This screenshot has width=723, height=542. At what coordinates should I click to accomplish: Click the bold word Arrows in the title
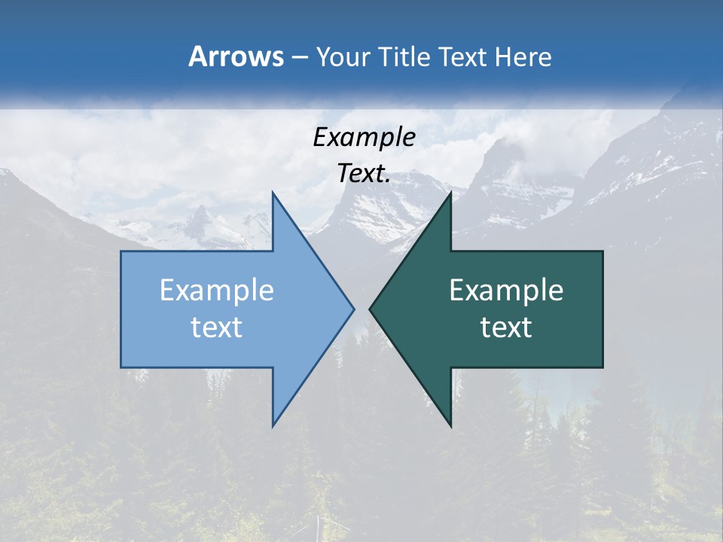[x=236, y=56]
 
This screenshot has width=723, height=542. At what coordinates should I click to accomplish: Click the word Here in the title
[x=523, y=57]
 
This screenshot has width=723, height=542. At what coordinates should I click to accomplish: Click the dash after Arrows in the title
[x=299, y=58]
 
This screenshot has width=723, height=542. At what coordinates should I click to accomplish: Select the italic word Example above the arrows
[x=364, y=138]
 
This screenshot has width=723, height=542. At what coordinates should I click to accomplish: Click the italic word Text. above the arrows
[x=364, y=174]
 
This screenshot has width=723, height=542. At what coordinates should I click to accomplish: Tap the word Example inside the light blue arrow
[x=217, y=291]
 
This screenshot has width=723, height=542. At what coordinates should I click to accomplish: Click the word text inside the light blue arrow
[x=217, y=327]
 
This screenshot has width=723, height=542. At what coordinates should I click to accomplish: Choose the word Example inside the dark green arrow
[x=506, y=291]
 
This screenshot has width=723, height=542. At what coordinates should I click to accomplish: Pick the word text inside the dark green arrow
[x=506, y=327]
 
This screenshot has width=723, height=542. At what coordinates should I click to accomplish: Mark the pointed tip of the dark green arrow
[x=371, y=309]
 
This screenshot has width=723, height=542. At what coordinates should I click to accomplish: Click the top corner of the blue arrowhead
[x=273, y=193]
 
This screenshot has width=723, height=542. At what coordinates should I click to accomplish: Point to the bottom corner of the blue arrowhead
[x=273, y=425]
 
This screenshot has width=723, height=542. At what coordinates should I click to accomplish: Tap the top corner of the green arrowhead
[x=450, y=193]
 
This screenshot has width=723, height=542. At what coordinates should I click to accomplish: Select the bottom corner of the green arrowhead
[x=450, y=425]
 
